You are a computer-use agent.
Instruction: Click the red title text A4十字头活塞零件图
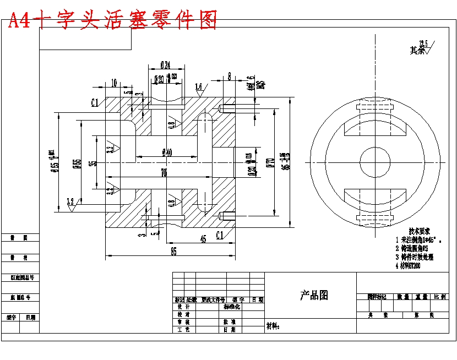point(112,20)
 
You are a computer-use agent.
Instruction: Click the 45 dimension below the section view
point(203,239)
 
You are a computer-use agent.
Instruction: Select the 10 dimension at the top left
point(113,83)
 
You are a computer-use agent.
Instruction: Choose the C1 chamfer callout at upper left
point(95,102)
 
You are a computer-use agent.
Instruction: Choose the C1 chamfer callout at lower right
point(220,236)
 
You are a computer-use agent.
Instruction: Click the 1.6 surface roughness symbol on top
point(199,87)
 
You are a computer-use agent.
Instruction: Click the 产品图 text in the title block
point(314,296)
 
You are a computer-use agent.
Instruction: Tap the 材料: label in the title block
point(273,326)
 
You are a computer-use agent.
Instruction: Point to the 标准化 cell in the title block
point(231,307)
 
